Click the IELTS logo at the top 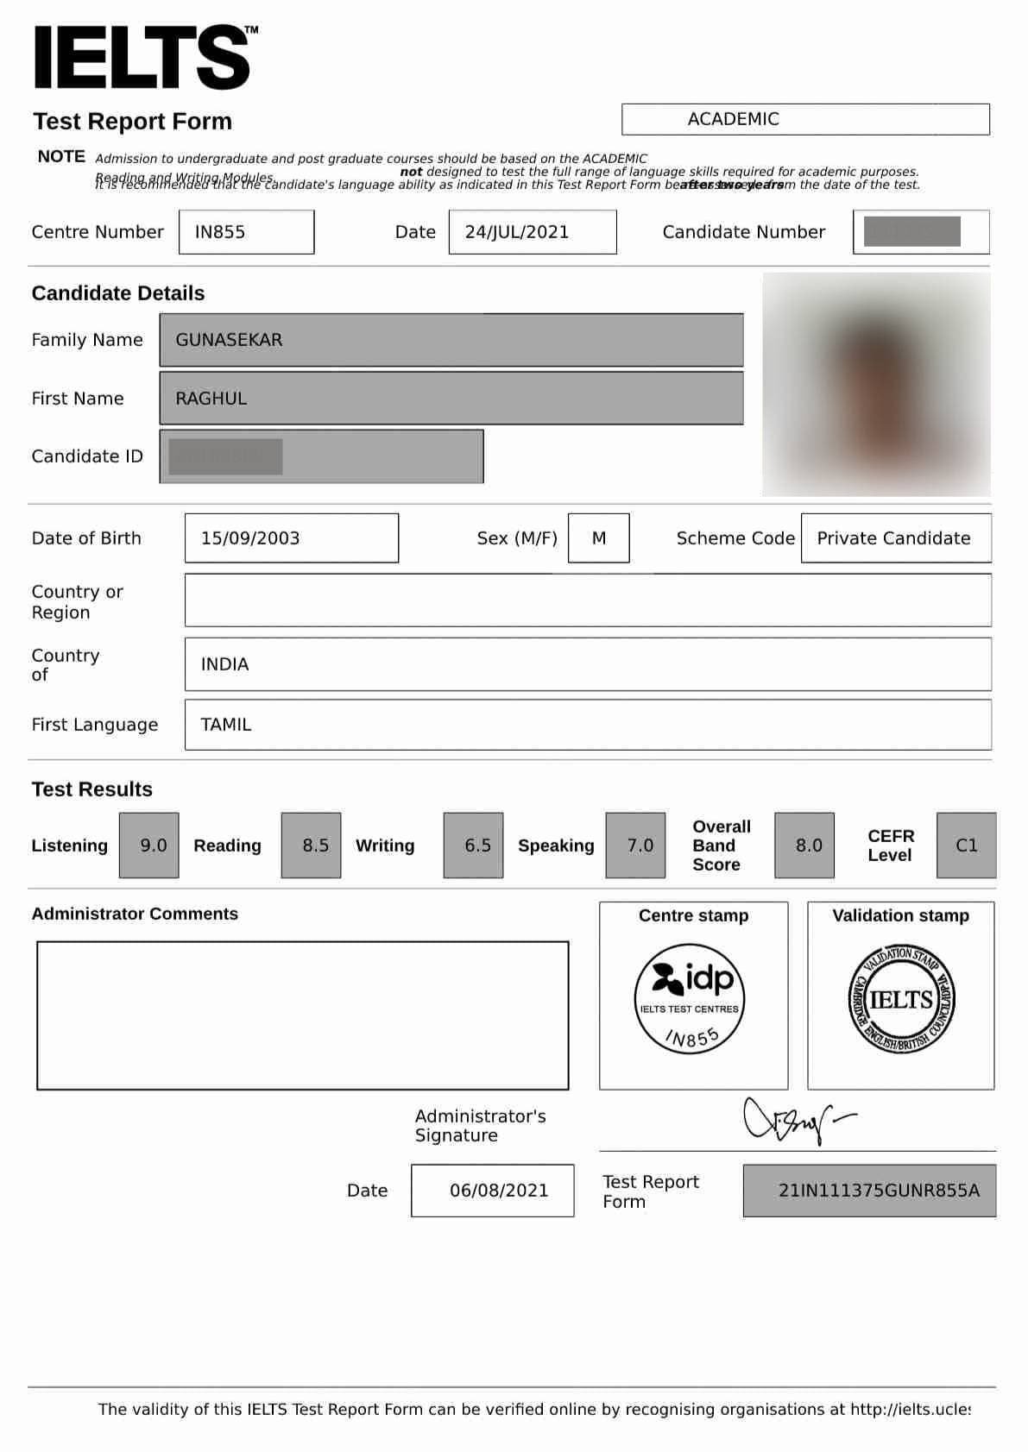click(143, 58)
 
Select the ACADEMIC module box click(804, 119)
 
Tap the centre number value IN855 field click(246, 232)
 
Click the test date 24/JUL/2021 click(532, 232)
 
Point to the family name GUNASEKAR click(230, 340)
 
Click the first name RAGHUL click(211, 399)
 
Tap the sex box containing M click(599, 538)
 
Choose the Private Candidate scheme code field click(894, 538)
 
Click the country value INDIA click(225, 664)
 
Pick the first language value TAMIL click(226, 725)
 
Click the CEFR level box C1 click(967, 845)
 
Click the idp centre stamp click(690, 998)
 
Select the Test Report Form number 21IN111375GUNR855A click(877, 1191)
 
